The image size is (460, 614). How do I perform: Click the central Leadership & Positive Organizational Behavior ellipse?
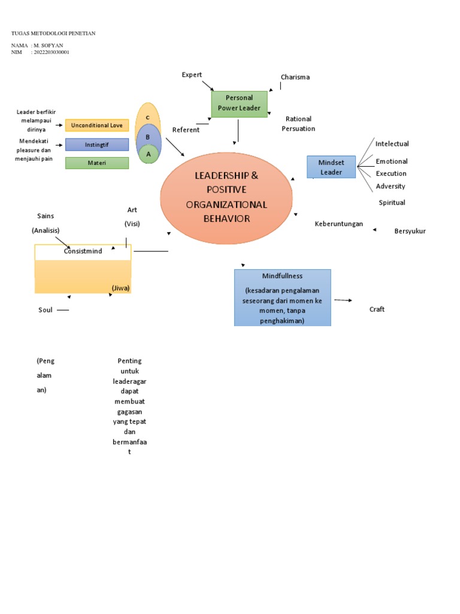(x=226, y=197)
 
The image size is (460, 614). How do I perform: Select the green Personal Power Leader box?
(x=239, y=103)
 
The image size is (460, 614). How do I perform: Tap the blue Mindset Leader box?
(x=331, y=167)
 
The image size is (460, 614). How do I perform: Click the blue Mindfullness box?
(x=282, y=297)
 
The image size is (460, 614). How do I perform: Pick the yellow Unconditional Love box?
(x=97, y=125)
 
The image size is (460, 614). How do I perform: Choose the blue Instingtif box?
(x=97, y=145)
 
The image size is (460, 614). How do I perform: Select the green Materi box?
(x=97, y=163)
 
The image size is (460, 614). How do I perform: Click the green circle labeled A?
(x=148, y=154)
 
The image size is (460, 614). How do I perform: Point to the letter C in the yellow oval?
(x=147, y=116)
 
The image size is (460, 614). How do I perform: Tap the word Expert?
(x=192, y=74)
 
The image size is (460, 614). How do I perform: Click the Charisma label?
(x=295, y=77)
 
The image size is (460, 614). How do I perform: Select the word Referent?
(x=186, y=130)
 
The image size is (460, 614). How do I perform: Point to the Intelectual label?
(x=392, y=144)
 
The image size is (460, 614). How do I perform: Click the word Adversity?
(x=391, y=186)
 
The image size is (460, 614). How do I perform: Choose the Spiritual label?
(x=392, y=203)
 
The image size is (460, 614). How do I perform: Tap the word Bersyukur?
(x=410, y=231)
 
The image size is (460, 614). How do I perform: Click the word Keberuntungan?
(x=339, y=224)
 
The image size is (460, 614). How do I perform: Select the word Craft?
(x=377, y=309)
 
